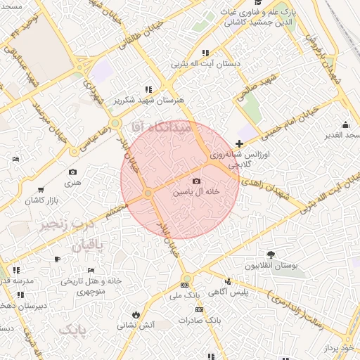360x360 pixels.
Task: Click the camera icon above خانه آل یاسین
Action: (x=195, y=181)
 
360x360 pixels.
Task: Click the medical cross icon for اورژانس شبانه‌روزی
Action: (x=240, y=143)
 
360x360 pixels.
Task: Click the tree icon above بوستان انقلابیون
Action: (x=271, y=255)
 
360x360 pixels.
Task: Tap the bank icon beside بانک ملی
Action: (x=184, y=285)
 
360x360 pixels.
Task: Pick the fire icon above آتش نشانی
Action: (x=135, y=314)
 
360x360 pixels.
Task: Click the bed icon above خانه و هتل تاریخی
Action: (x=90, y=270)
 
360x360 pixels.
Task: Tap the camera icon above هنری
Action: (x=72, y=172)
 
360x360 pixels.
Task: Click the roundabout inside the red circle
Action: (x=148, y=193)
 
